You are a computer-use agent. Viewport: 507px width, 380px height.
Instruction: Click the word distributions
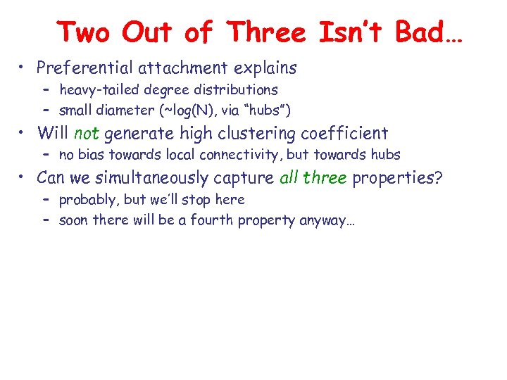(x=235, y=90)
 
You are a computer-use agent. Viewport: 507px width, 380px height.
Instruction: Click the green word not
(x=87, y=132)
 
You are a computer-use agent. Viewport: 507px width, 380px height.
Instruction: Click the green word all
(x=289, y=177)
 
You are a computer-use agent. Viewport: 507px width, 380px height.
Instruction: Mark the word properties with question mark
(x=398, y=177)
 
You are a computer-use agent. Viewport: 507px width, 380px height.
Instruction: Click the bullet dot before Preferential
(x=23, y=68)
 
